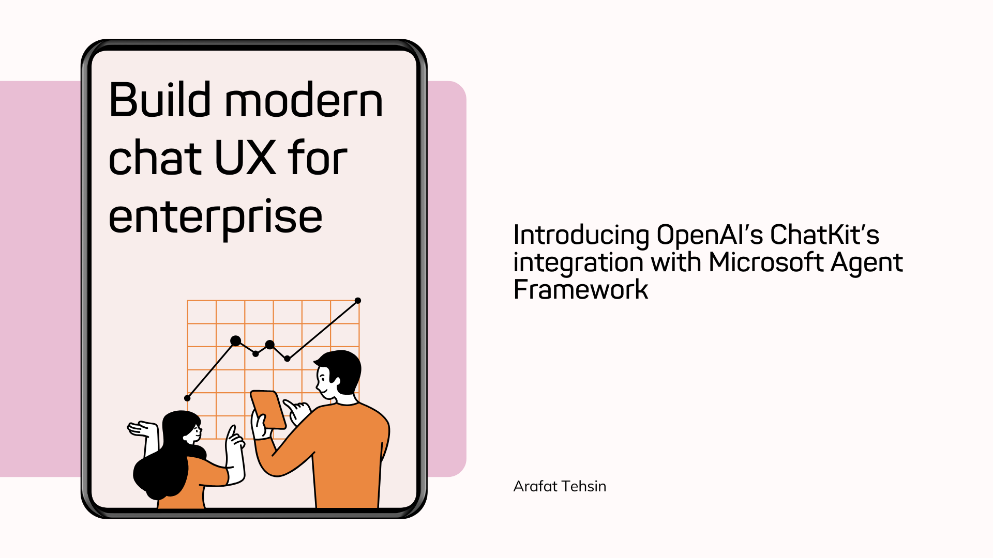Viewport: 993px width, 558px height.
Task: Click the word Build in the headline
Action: pos(160,99)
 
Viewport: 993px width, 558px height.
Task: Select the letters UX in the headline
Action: pos(245,158)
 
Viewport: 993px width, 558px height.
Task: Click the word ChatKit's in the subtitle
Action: pos(824,235)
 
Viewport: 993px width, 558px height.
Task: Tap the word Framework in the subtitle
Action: pos(580,289)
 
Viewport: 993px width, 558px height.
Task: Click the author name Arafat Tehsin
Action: pos(560,486)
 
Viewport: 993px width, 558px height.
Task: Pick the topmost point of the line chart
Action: pos(357,301)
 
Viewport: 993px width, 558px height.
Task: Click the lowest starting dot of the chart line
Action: pos(187,398)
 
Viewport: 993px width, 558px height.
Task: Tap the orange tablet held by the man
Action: pos(268,409)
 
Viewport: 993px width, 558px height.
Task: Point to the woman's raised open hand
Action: pos(143,429)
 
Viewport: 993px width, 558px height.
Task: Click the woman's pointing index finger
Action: pos(231,432)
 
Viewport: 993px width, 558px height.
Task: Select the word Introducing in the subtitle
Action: pos(581,236)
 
